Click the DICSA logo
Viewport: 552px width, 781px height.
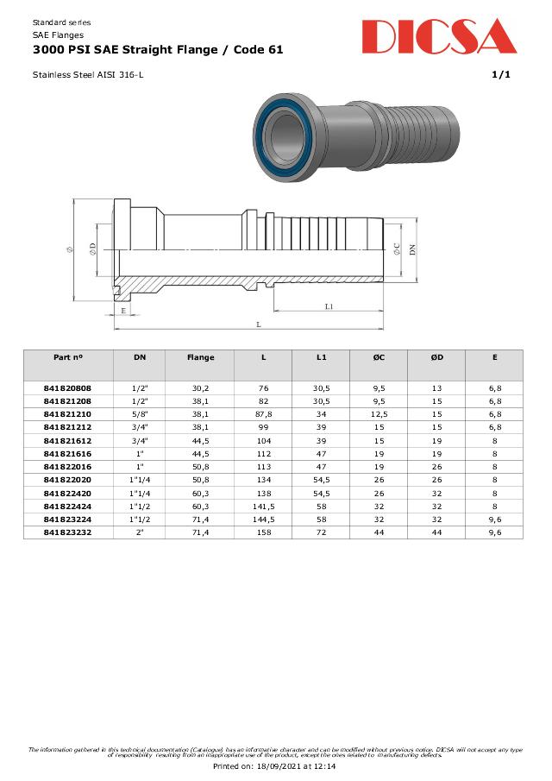tap(439, 38)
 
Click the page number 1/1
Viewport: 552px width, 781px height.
tap(501, 75)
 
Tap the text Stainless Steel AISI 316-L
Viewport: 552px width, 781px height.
tap(88, 75)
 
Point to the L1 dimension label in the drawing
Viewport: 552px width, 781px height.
tap(329, 306)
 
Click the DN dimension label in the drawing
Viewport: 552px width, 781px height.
tap(412, 249)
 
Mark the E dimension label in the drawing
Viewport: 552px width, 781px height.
tap(123, 310)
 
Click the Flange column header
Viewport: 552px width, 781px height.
tap(200, 357)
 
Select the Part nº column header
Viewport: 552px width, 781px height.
tap(67, 357)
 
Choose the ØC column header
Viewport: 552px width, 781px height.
tap(379, 357)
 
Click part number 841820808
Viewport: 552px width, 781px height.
tap(67, 388)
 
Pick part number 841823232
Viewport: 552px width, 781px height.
tap(67, 532)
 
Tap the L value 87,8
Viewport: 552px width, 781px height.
tap(263, 414)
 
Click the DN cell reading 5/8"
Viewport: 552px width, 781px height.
tap(140, 414)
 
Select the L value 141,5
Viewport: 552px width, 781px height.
tap(263, 507)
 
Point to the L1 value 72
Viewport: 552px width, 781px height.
tap(321, 532)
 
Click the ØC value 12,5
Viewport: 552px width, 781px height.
tap(379, 414)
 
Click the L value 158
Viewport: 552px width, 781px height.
tap(263, 532)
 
